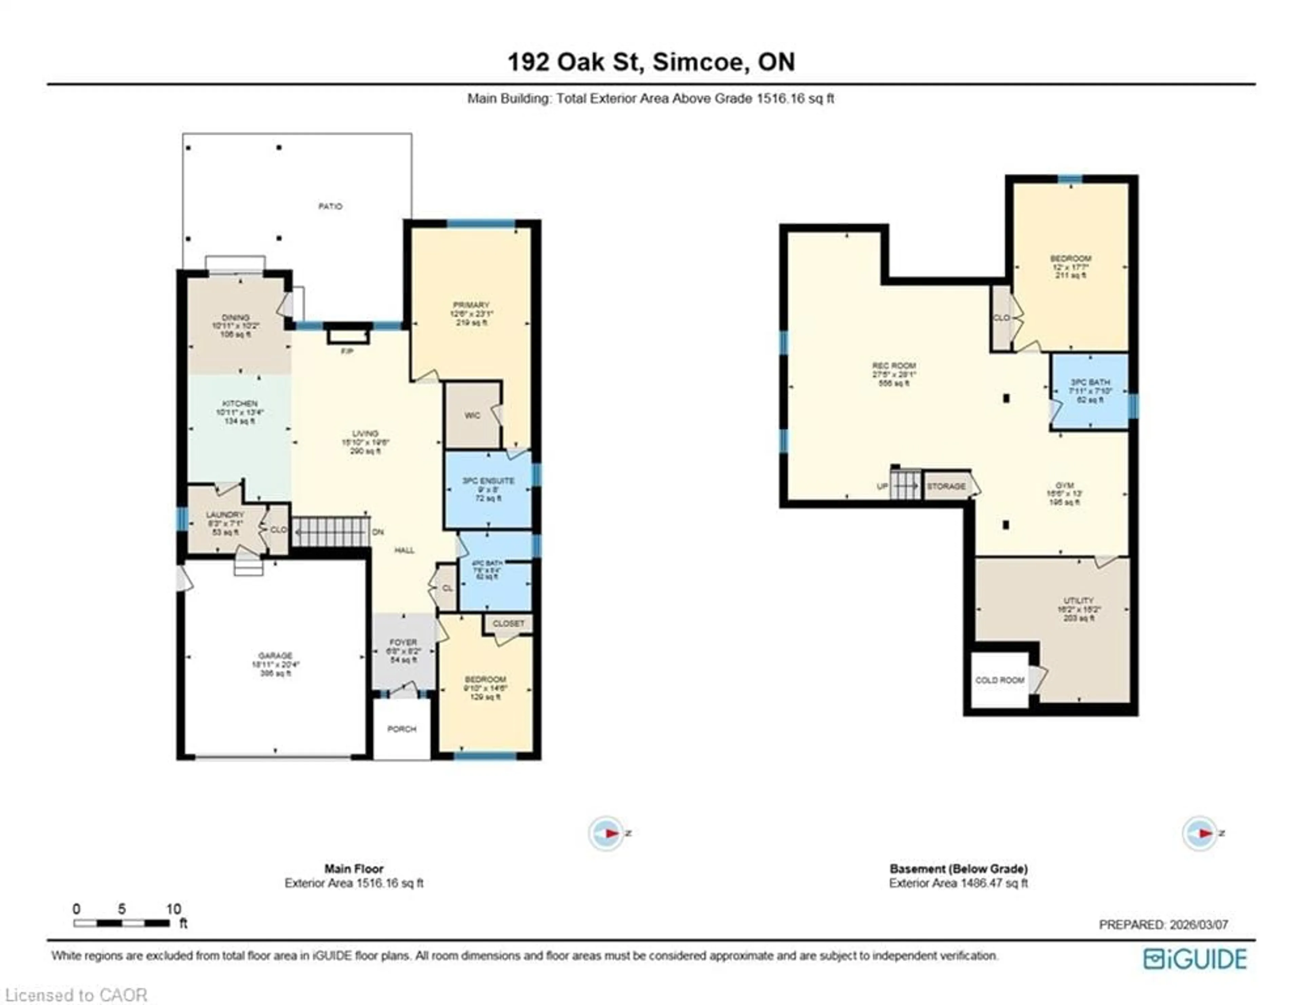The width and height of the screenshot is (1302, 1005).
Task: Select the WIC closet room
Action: pyautogui.click(x=472, y=415)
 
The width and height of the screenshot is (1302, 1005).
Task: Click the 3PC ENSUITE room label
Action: pyautogui.click(x=488, y=480)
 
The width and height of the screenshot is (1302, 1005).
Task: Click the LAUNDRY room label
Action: pyautogui.click(x=225, y=514)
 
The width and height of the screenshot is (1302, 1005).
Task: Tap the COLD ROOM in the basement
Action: pyautogui.click(x=1000, y=680)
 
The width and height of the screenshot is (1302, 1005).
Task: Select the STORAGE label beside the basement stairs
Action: pyautogui.click(x=946, y=487)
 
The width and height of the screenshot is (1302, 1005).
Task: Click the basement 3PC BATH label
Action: pyautogui.click(x=1090, y=382)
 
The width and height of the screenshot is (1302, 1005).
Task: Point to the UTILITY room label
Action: pyautogui.click(x=1079, y=600)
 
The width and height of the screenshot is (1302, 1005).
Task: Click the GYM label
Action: pyautogui.click(x=1064, y=485)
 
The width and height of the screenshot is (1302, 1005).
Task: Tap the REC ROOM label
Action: pyautogui.click(x=894, y=366)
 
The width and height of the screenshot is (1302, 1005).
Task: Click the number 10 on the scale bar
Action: pyautogui.click(x=174, y=909)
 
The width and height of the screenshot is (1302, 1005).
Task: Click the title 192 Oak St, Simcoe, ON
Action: pyautogui.click(x=651, y=62)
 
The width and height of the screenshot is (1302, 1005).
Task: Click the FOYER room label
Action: pyautogui.click(x=403, y=643)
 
